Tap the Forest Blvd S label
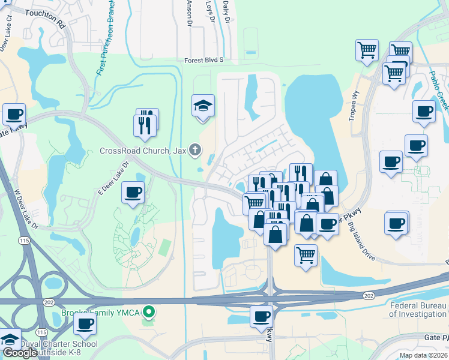click(x=203, y=60)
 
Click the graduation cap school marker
click(x=203, y=106)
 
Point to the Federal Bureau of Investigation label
click(x=419, y=309)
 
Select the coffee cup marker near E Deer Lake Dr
click(x=133, y=193)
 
